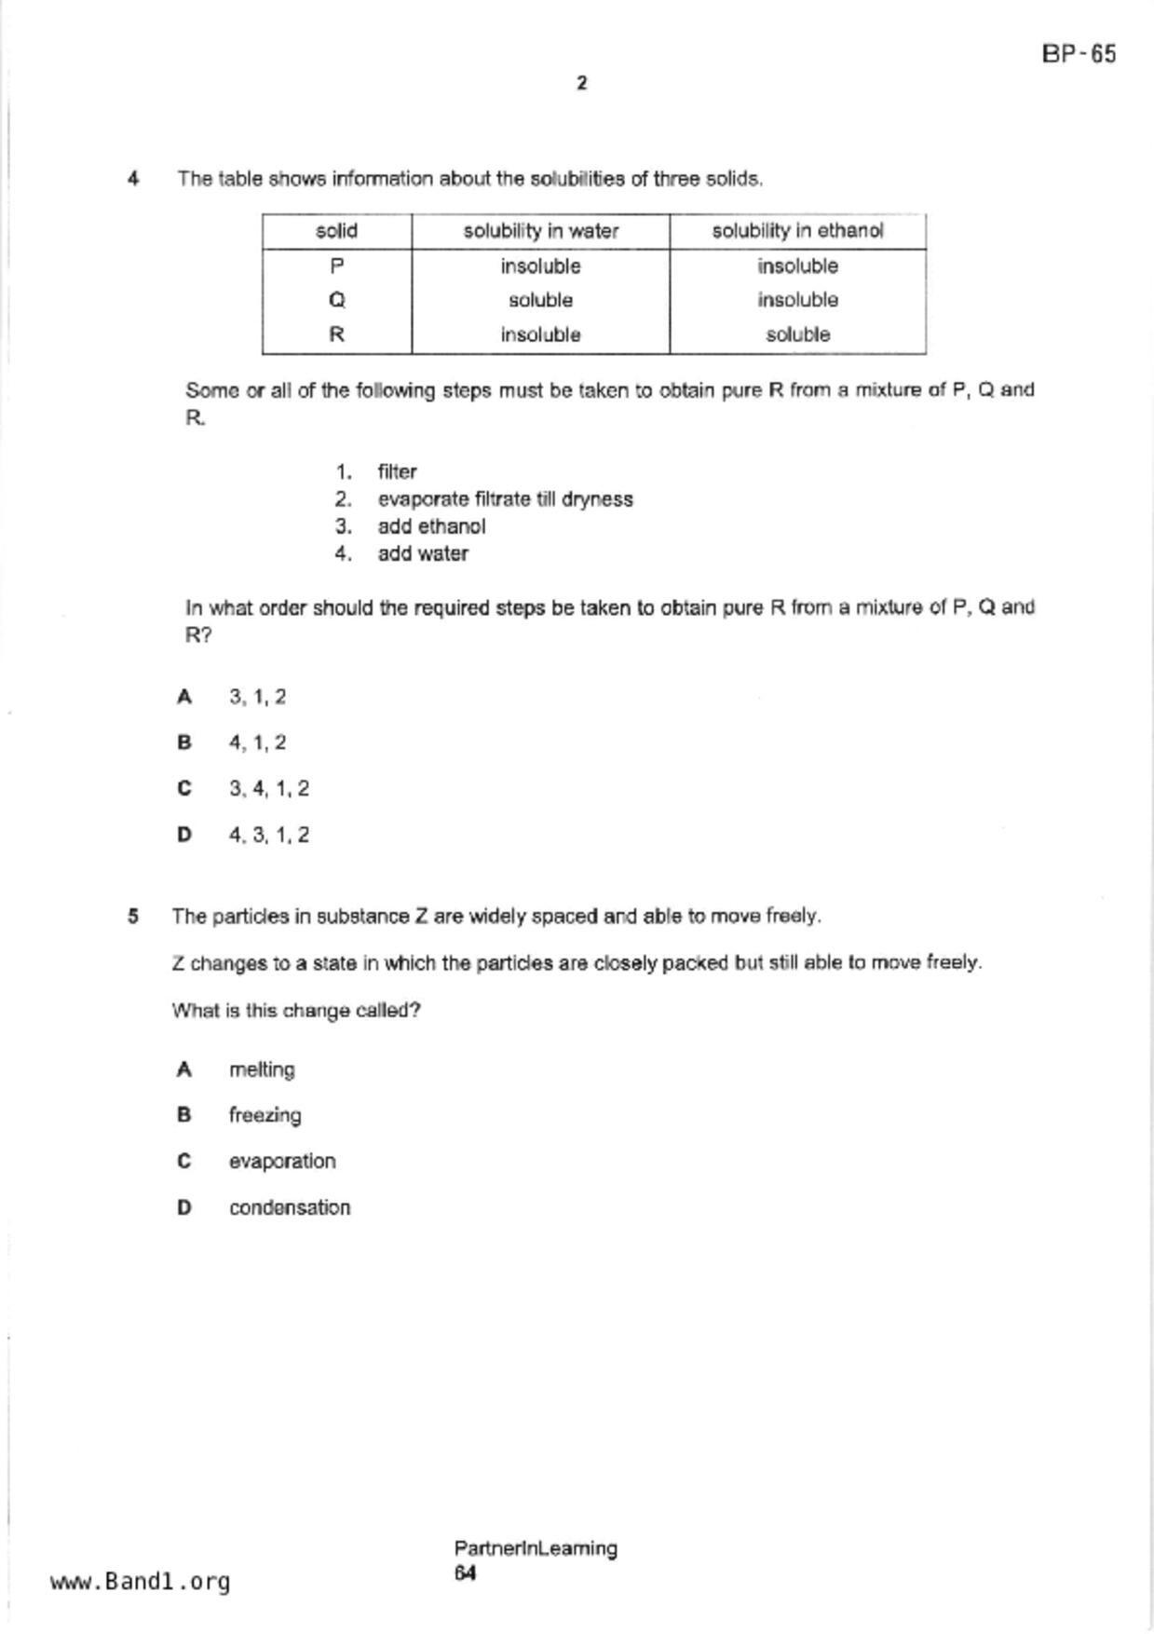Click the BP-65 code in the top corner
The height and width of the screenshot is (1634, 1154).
[x=1078, y=54]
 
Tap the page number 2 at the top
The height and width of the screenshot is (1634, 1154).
[x=582, y=84]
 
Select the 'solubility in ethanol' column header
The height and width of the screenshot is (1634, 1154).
[x=797, y=231]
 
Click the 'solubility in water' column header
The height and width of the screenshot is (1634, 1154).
[x=540, y=231]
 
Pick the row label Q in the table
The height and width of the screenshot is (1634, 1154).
[x=337, y=300]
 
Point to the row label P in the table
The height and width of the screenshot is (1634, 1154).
[x=337, y=266]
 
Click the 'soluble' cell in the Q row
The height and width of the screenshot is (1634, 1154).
[x=540, y=300]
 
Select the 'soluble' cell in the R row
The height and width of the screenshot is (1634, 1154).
[x=797, y=334]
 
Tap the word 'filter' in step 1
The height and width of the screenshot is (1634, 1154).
[x=397, y=471]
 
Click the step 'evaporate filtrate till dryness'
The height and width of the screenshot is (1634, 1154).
[x=505, y=499]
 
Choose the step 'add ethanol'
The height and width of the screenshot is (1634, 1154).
[x=431, y=526]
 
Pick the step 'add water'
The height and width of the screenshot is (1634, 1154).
[x=423, y=553]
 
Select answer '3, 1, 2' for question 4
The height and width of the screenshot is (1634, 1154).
[x=258, y=697]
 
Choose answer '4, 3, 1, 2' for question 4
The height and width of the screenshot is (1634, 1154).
[x=269, y=835]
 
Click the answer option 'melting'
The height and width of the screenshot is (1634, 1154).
[x=262, y=1069]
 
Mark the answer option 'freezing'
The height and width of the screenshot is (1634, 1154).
[x=265, y=1115]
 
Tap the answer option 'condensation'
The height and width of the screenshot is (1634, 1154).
[x=290, y=1207]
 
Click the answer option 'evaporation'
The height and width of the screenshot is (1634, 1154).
[x=282, y=1161]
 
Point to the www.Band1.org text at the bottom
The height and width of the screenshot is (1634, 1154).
[x=140, y=1581]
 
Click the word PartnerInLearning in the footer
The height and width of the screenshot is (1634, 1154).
[x=536, y=1548]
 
